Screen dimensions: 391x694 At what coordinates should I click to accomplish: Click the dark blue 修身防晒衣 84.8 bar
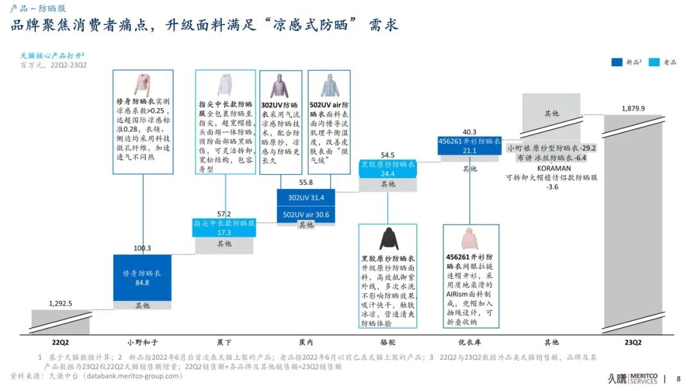[x=142, y=278]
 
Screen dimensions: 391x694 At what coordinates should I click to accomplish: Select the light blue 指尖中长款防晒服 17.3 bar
[x=224, y=228]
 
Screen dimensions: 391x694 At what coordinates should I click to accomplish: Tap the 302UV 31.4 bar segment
[x=306, y=197]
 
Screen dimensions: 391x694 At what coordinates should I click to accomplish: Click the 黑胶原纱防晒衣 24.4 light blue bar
[x=387, y=169]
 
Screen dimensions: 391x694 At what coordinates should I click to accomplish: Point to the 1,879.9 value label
[x=633, y=108]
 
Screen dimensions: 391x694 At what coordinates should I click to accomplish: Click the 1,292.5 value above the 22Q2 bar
[x=60, y=304]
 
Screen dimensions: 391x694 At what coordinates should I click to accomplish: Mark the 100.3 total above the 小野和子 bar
[x=142, y=248]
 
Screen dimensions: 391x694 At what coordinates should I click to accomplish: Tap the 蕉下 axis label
[x=224, y=342]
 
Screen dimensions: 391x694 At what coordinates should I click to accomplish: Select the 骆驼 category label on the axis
[x=387, y=342]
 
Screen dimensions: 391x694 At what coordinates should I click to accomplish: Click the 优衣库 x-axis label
[x=469, y=342]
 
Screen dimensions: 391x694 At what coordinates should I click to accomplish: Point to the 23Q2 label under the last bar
[x=633, y=342]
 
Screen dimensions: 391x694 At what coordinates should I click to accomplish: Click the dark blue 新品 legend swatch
[x=616, y=62]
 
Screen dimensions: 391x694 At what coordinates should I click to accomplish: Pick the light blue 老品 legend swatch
[x=654, y=62]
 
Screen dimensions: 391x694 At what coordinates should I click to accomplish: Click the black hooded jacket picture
[x=388, y=239]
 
